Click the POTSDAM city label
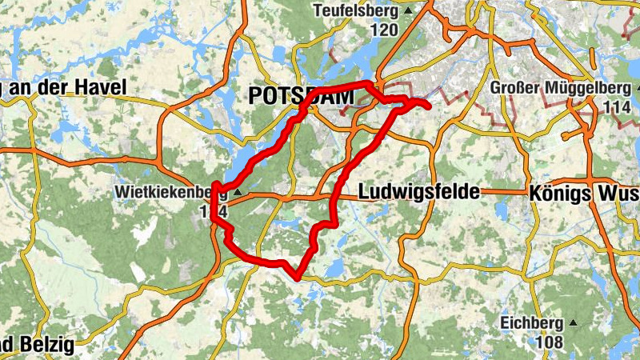[x=301, y=96]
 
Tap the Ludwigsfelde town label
[x=418, y=192]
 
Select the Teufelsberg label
[x=356, y=11]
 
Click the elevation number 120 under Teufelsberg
[x=384, y=30]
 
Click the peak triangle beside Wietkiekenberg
[x=237, y=193]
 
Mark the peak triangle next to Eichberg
[x=573, y=324]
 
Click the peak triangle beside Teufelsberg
[x=408, y=11]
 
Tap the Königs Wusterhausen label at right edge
[x=584, y=194]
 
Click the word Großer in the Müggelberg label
[x=515, y=87]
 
